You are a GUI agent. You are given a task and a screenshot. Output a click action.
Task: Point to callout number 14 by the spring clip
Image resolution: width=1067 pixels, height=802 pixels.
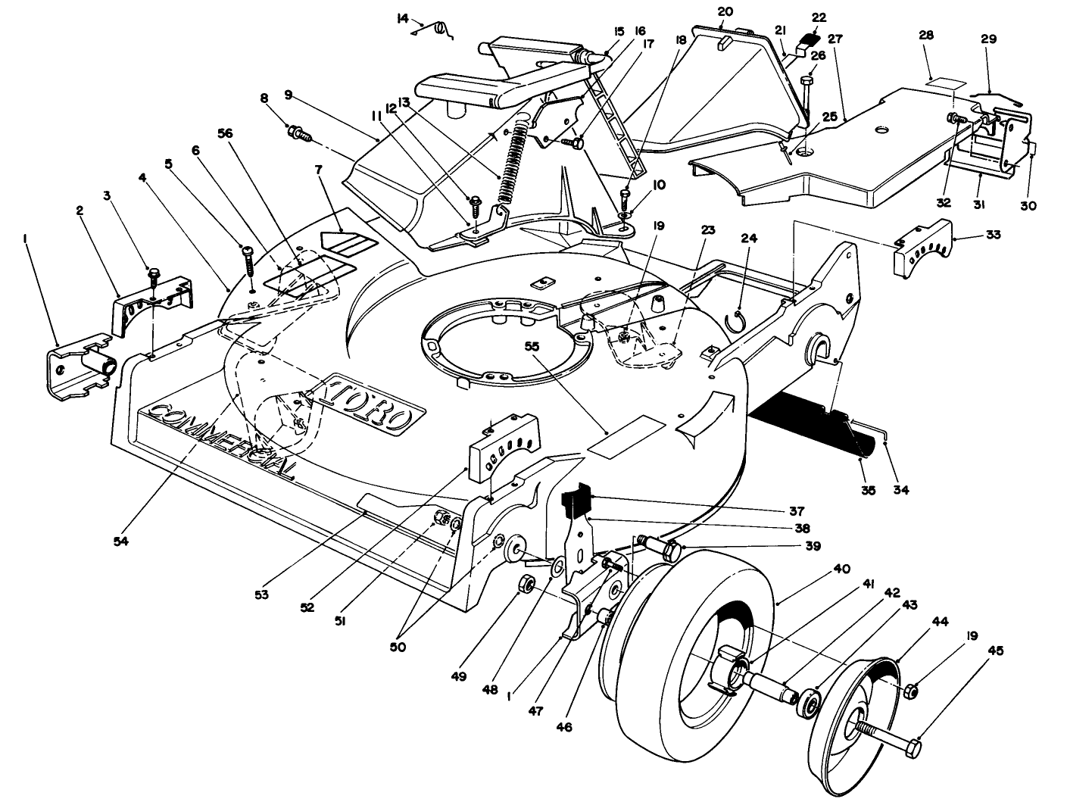tap(402, 17)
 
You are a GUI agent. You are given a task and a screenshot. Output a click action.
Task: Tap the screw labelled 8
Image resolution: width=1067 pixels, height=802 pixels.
tap(300, 135)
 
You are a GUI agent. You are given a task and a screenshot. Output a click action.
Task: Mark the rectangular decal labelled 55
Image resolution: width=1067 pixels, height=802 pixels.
tap(625, 435)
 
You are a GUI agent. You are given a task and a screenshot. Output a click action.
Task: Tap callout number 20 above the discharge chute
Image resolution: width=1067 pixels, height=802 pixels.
tap(725, 11)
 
